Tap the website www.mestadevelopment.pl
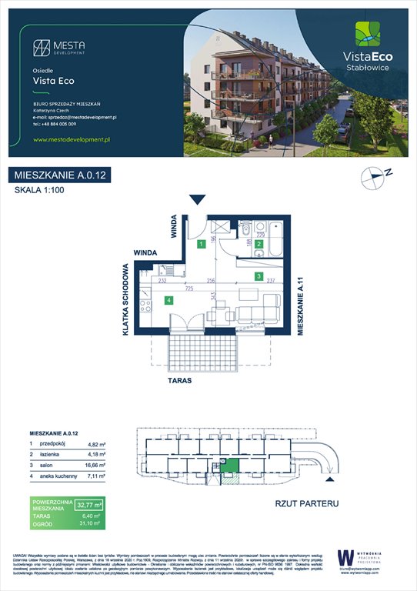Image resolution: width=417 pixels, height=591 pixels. point(73,139)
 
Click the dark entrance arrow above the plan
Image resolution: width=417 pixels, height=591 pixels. point(198,200)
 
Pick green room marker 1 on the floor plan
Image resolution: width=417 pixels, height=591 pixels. point(200,244)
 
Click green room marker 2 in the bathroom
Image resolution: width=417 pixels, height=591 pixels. point(259,244)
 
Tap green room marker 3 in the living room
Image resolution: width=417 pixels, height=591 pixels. point(259,275)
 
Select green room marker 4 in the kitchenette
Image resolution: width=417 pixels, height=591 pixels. point(168,300)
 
